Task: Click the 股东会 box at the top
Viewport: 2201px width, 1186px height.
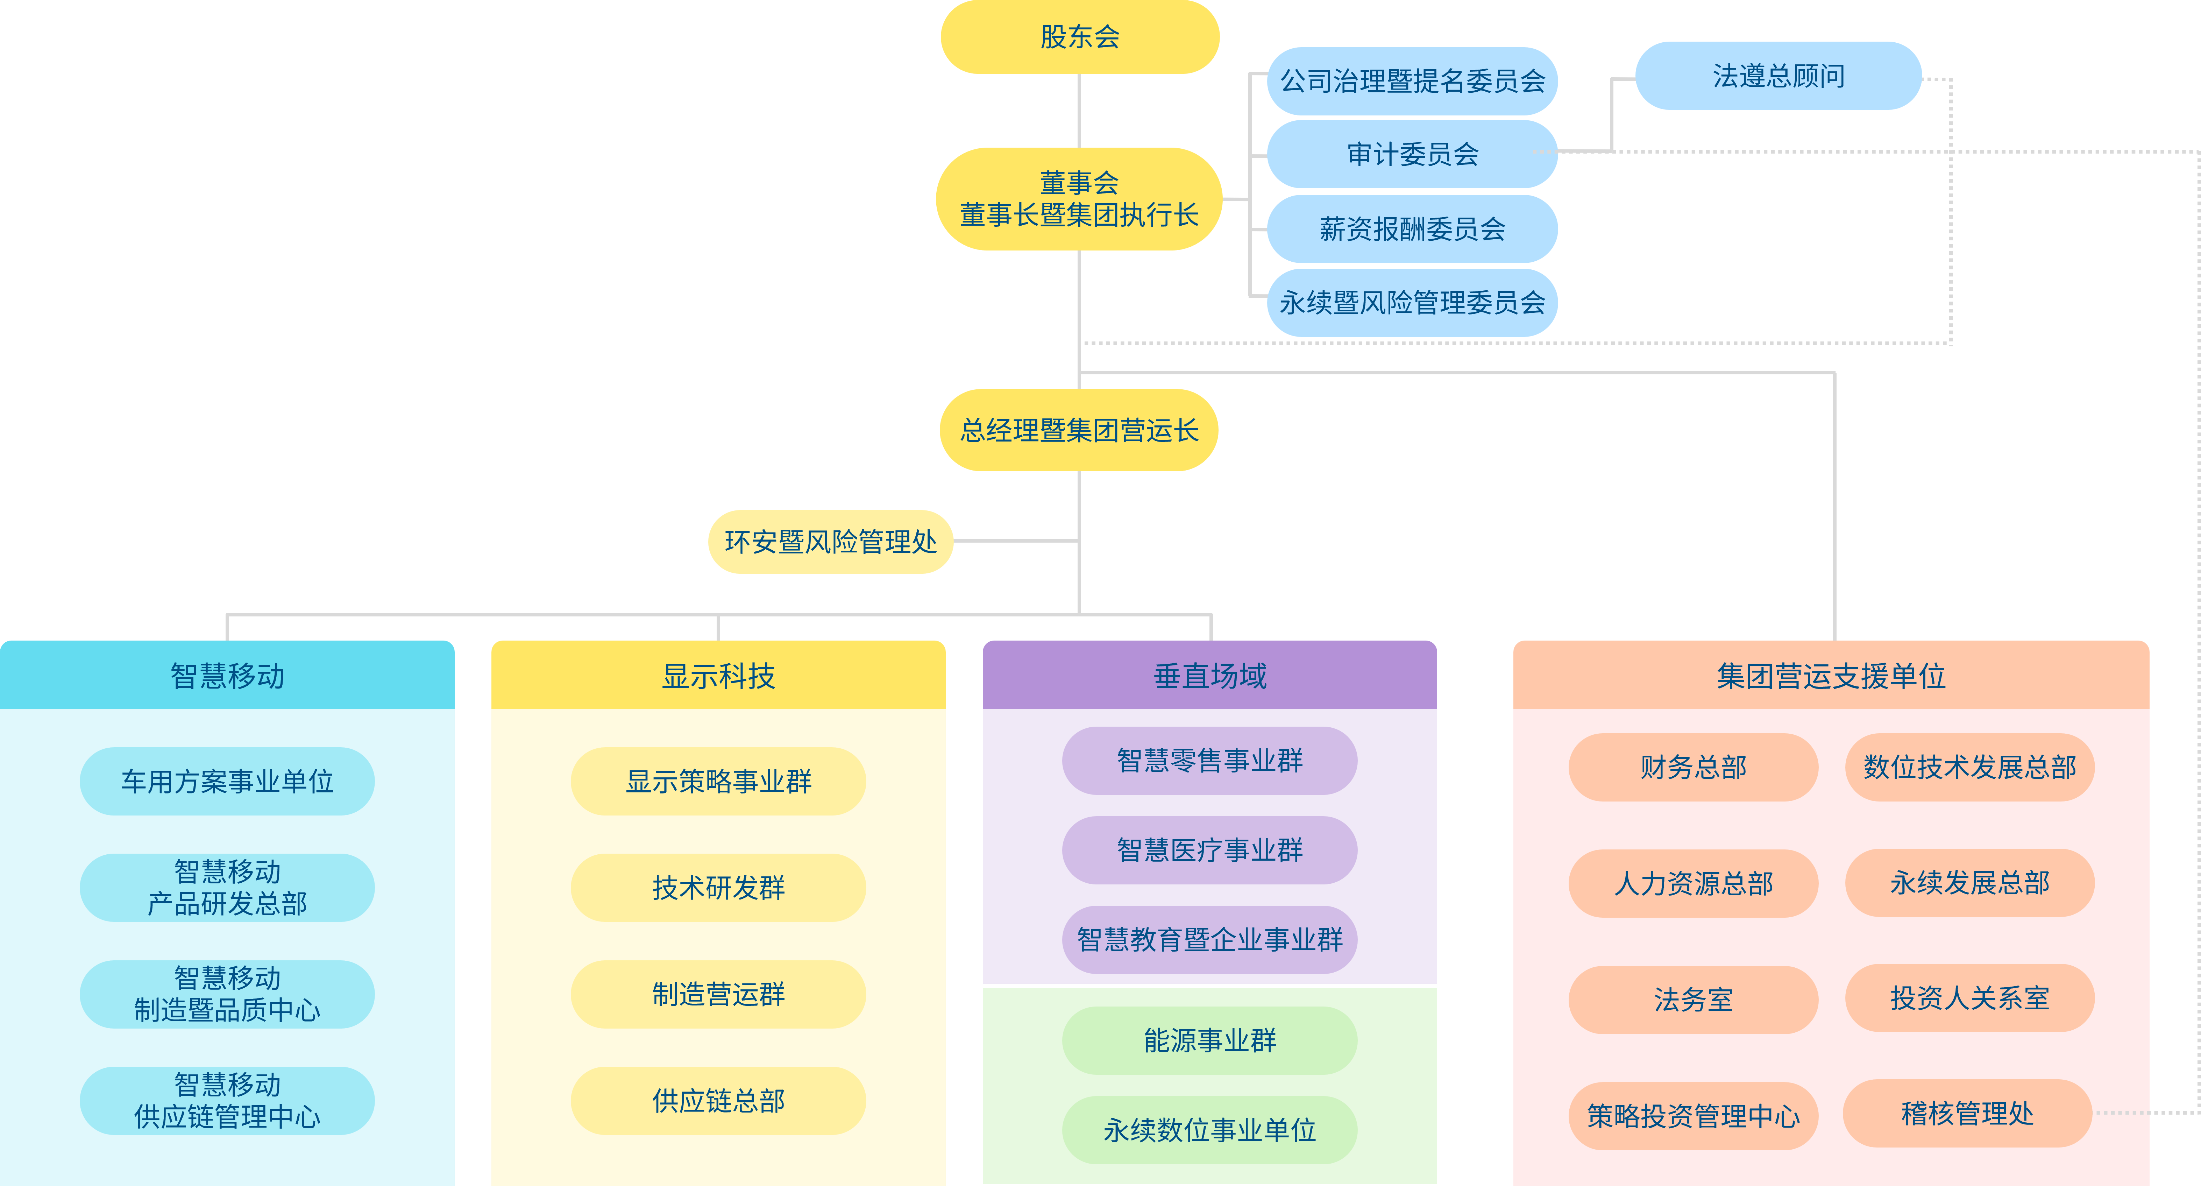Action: [1079, 37]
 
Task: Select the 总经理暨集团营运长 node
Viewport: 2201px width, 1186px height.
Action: [1079, 430]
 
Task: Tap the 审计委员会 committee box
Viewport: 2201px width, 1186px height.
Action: [1412, 154]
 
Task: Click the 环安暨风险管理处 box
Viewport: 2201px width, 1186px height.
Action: [831, 542]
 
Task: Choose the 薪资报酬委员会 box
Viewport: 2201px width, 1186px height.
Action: [1412, 228]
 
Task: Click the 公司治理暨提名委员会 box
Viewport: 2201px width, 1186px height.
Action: [1412, 81]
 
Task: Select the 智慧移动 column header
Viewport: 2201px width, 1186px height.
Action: [227, 675]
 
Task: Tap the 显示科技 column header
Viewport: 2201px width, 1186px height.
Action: [718, 675]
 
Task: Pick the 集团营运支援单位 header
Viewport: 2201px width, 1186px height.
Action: [1830, 675]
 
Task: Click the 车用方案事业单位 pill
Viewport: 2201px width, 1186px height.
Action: [227, 781]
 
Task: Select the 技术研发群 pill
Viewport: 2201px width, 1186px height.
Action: [718, 888]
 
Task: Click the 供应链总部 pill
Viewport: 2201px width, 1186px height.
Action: [718, 1101]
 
